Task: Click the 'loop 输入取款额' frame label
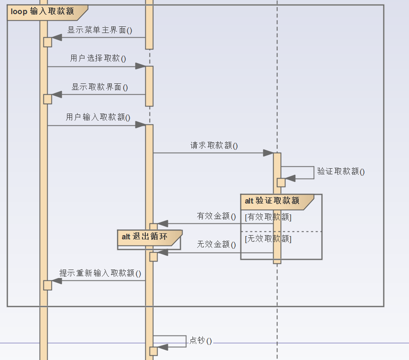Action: click(x=43, y=12)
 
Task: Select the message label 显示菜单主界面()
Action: click(x=100, y=30)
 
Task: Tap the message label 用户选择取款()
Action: click(x=98, y=58)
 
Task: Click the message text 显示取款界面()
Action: click(x=100, y=87)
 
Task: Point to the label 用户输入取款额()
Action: click(x=98, y=117)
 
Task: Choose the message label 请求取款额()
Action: click(x=214, y=146)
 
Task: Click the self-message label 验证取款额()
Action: click(x=341, y=172)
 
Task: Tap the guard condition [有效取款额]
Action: click(x=268, y=217)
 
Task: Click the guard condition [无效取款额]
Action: click(x=268, y=239)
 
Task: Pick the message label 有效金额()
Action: click(x=216, y=216)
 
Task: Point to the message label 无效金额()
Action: click(x=216, y=245)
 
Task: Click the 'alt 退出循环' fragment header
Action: click(x=145, y=237)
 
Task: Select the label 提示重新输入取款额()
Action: click(x=100, y=273)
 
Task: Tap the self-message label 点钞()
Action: click(x=200, y=341)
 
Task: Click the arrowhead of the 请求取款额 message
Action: click(x=268, y=153)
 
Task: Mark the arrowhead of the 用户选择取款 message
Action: click(x=141, y=66)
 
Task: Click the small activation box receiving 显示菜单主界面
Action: click(x=48, y=42)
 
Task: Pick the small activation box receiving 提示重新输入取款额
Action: click(x=48, y=285)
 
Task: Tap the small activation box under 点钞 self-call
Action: click(x=153, y=351)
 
